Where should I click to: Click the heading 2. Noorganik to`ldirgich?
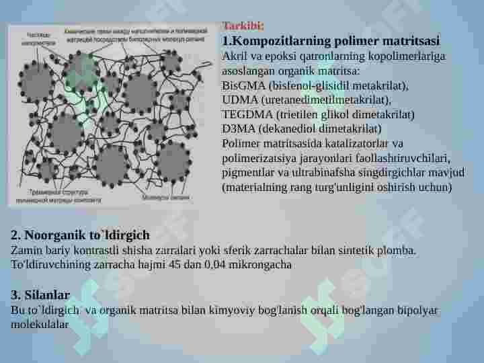[80, 235]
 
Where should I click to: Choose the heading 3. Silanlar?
[40, 294]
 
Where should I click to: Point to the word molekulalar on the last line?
[40, 324]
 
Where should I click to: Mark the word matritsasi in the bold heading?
[409, 40]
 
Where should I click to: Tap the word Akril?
[234, 56]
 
